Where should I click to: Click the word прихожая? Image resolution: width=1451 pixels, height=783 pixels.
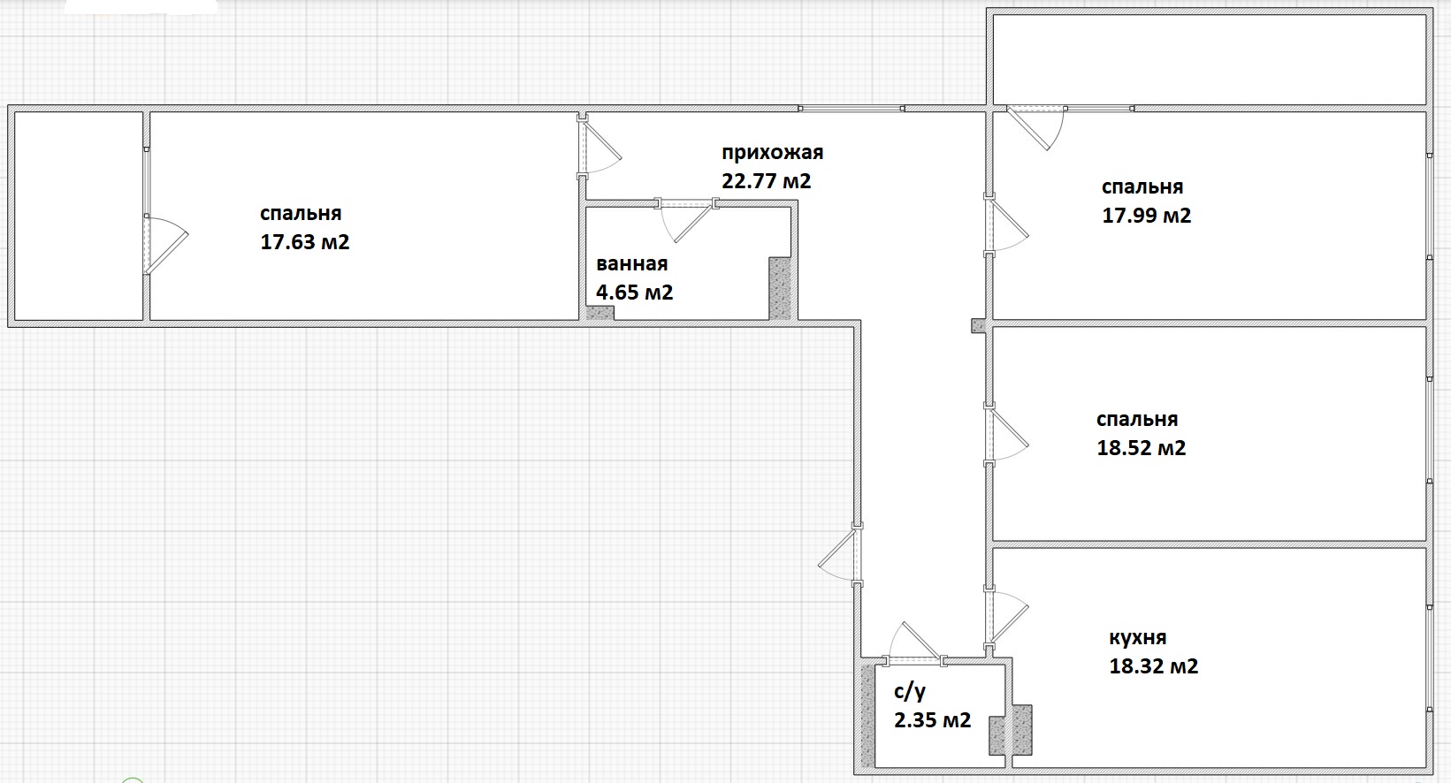(772, 153)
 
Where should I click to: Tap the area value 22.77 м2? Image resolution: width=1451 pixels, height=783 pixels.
(767, 180)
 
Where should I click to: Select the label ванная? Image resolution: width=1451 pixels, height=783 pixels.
(631, 263)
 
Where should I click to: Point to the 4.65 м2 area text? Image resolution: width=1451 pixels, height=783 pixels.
(634, 293)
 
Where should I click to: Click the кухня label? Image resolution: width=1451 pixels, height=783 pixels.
(1137, 638)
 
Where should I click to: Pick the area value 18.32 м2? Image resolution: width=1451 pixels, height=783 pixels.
(1154, 665)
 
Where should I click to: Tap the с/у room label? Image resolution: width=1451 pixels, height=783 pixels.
(910, 692)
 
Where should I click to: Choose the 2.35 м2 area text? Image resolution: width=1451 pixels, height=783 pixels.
(932, 720)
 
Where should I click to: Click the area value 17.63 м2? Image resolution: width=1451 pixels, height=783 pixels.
(304, 242)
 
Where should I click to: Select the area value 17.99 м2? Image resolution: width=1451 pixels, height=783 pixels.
(1147, 215)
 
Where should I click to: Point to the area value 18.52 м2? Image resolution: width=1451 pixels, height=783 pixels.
(1142, 448)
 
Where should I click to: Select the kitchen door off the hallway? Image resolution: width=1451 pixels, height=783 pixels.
(1006, 619)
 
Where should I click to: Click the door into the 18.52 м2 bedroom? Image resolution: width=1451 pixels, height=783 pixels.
(1006, 434)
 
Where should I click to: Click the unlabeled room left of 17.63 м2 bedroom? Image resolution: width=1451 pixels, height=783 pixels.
(79, 216)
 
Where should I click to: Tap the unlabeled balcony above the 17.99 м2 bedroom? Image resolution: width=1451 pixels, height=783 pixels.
(1210, 59)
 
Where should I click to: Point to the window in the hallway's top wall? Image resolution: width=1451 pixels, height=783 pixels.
(852, 109)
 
